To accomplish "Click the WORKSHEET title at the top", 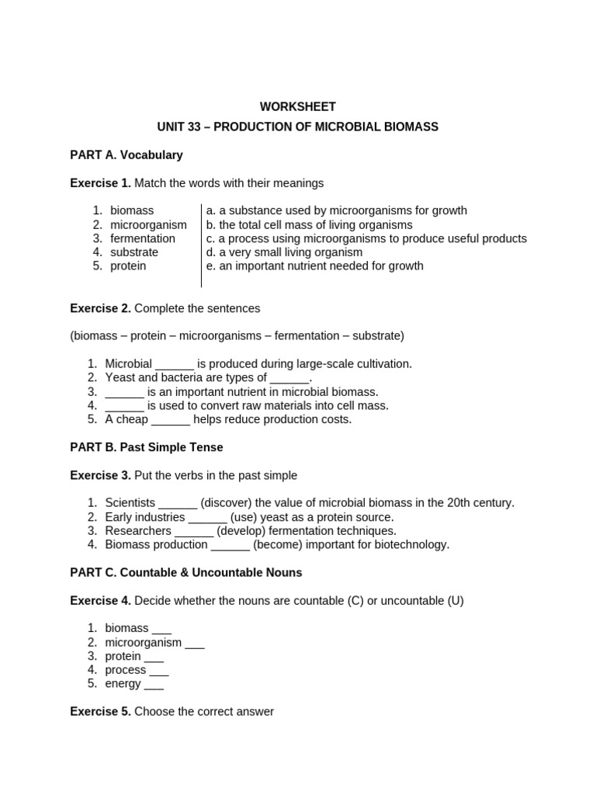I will tap(297, 107).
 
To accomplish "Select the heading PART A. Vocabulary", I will tap(126, 154).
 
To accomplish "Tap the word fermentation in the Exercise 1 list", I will tap(143, 238).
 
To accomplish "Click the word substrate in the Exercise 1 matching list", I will tap(133, 252).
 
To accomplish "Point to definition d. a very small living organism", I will tap(284, 252).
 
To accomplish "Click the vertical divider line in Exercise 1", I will tap(201, 245).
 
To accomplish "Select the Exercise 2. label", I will tap(100, 308).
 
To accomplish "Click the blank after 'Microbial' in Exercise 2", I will tap(175, 364).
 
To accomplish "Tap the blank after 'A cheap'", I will tap(171, 420).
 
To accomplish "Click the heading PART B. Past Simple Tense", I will tap(147, 447).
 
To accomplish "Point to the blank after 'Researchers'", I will tap(194, 531).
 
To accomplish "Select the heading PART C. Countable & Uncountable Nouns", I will tap(186, 572).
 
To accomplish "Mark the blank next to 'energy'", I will tap(154, 684).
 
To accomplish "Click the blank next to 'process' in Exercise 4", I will tap(158, 670).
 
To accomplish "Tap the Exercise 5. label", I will tap(100, 711).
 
